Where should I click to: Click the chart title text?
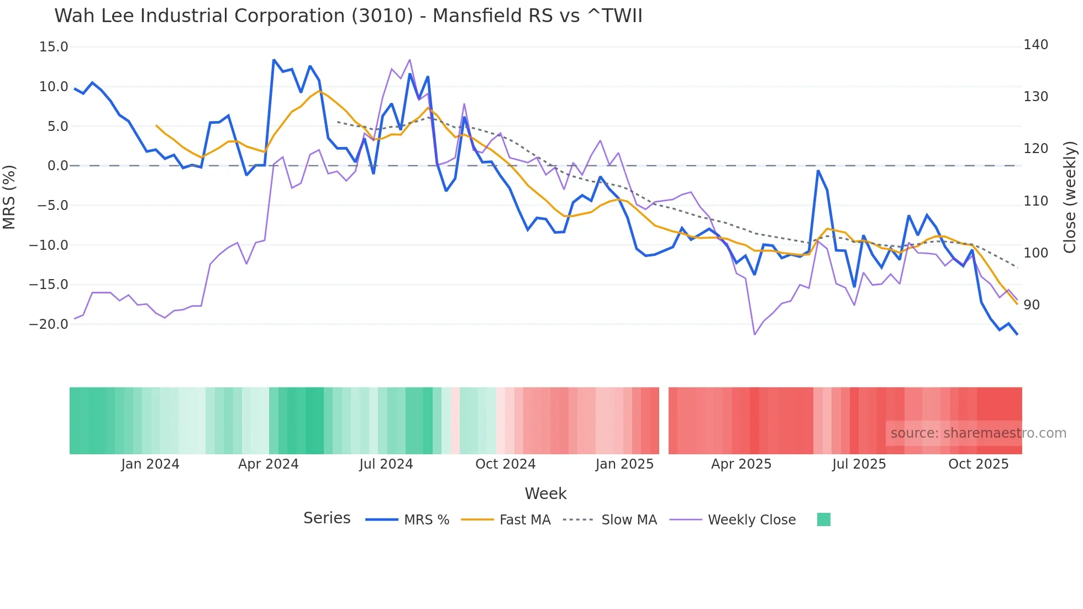point(348,15)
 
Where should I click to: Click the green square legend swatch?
point(823,519)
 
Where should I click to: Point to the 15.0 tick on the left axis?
point(54,47)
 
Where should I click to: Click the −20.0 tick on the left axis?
point(49,324)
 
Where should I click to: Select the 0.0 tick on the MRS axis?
point(57,166)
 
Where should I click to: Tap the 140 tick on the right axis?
point(1035,45)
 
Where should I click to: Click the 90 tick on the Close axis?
point(1031,305)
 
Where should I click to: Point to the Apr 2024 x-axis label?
point(268,464)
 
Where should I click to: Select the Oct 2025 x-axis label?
point(978,464)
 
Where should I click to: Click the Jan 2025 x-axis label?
point(624,464)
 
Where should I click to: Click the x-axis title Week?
point(545,494)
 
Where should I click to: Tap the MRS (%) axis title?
point(9,197)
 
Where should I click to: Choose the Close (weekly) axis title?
point(1070,197)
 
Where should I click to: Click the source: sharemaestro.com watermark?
point(978,433)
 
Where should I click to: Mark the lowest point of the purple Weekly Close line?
point(755,334)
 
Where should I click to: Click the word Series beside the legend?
point(327,518)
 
